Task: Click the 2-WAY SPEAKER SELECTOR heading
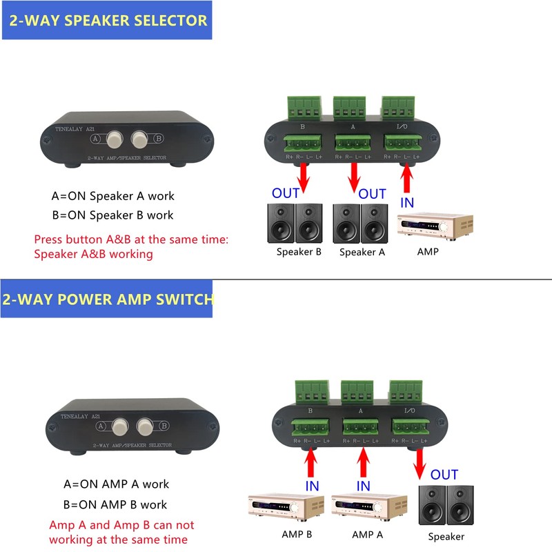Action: [107, 20]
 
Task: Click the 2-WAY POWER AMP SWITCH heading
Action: [108, 299]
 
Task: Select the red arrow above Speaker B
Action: [303, 179]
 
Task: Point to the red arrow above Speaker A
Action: [355, 179]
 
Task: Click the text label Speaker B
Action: [299, 252]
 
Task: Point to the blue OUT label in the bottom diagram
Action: [444, 475]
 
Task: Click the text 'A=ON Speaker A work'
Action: [113, 196]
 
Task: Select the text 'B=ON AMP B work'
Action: [115, 504]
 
